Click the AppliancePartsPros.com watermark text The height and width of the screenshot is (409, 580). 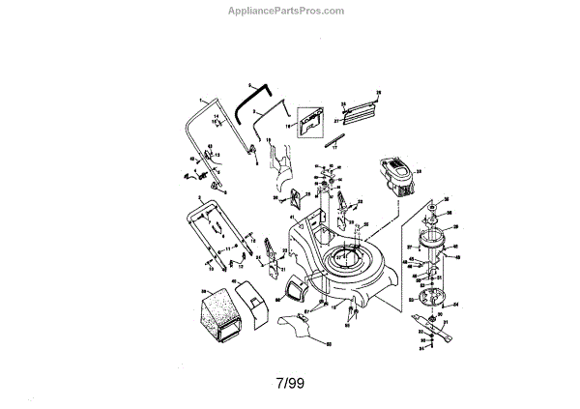pos(290,11)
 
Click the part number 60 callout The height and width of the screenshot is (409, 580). pos(328,344)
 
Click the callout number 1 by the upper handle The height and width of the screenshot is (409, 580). pos(201,100)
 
